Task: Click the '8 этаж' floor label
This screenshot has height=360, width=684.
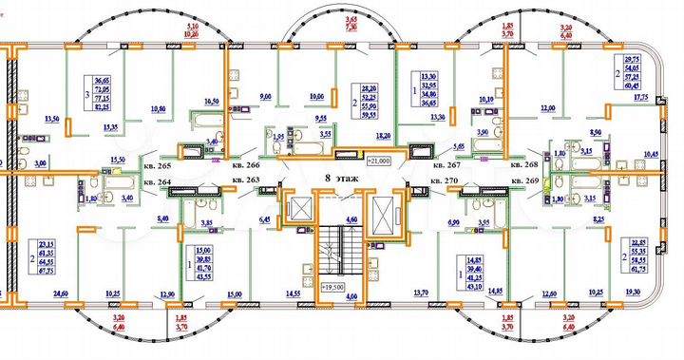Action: tap(341, 178)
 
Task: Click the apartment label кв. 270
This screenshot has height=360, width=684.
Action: tap(444, 180)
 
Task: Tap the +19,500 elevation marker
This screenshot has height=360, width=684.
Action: tap(332, 286)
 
